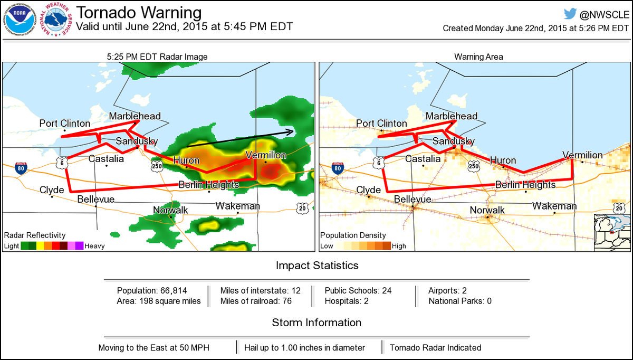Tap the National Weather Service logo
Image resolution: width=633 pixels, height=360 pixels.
coord(57,21)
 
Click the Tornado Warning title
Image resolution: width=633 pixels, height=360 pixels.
coord(138,12)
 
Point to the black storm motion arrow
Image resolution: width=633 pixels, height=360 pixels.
coord(241,137)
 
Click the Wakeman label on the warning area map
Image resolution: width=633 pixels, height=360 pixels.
coord(554,206)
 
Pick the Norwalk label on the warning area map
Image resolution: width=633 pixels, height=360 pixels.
coord(487,210)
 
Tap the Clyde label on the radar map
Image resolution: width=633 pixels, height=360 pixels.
coord(52,190)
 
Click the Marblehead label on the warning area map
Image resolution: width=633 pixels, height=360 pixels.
coord(451,116)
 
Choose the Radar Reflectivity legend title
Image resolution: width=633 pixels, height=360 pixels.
coord(35,235)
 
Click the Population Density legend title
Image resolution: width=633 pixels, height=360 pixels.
coord(353,235)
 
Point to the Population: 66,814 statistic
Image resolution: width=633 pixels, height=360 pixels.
coord(152,290)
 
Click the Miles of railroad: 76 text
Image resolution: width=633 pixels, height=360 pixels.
coord(256,301)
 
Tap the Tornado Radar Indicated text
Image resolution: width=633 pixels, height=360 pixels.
coord(435,348)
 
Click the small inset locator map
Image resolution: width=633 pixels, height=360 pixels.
coord(612,232)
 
